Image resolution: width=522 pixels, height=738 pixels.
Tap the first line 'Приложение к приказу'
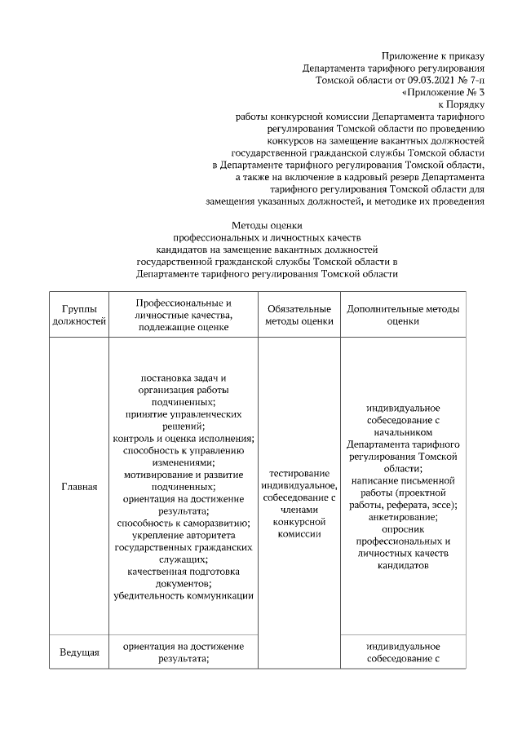pos(432,55)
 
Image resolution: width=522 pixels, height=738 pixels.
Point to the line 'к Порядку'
pos(462,104)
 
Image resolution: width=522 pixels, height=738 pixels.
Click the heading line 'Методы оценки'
pos(268,225)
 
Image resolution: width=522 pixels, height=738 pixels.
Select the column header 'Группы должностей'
pos(79,315)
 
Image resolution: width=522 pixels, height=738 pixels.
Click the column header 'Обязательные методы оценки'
pos(299,315)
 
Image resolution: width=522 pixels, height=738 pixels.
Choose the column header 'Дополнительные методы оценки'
pos(403,315)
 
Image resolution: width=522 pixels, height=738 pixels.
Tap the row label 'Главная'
pos(79,487)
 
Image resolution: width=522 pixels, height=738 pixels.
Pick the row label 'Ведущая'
pos(79,652)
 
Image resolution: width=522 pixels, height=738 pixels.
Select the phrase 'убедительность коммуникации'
pos(184,595)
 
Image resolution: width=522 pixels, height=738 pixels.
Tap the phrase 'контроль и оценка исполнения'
pos(184,438)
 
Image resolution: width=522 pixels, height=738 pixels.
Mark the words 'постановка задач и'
pos(184,378)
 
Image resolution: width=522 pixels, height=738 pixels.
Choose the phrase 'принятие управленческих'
pos(184,413)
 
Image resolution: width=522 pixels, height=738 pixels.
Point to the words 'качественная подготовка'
pos(184,571)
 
